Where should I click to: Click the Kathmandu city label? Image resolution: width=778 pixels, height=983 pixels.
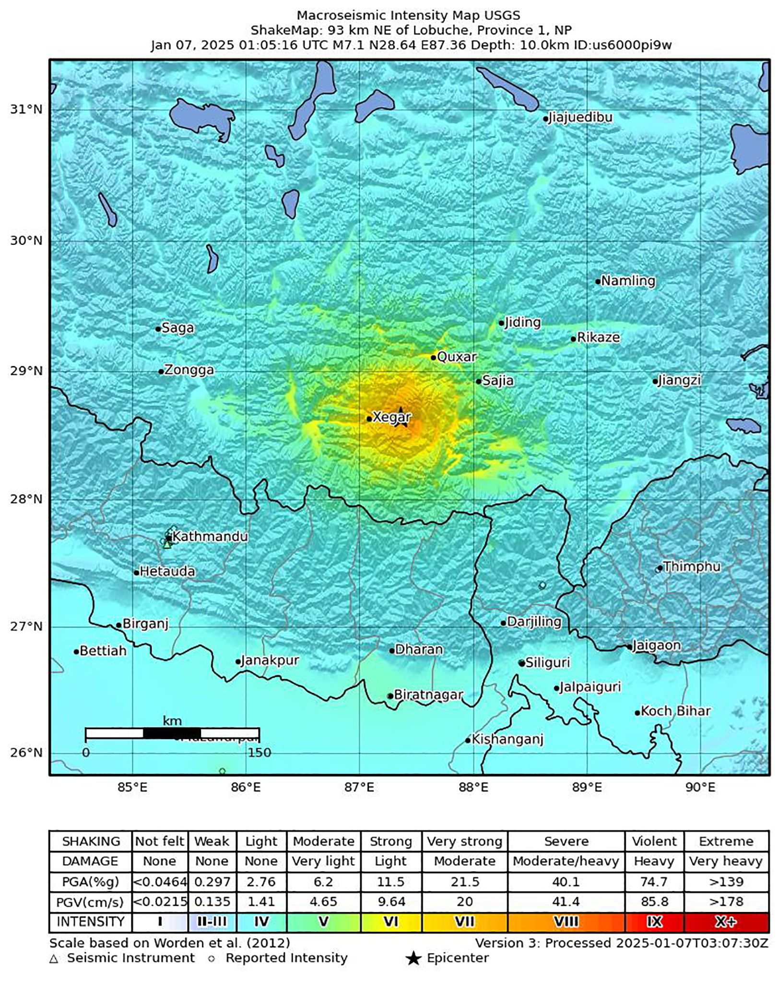click(x=210, y=536)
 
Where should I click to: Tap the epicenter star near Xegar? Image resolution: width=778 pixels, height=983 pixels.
click(x=404, y=422)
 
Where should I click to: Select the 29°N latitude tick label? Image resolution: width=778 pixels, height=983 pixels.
click(x=26, y=371)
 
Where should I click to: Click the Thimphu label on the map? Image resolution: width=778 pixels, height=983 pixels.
click(x=692, y=567)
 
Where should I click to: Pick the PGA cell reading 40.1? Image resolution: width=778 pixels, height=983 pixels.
click(x=566, y=882)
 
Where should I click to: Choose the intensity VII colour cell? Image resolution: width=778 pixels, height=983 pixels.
click(x=464, y=922)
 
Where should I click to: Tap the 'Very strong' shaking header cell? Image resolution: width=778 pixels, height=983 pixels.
click(x=464, y=841)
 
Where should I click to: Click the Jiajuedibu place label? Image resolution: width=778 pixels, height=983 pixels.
click(x=580, y=118)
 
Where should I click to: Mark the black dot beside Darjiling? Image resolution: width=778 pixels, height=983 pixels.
click(x=503, y=623)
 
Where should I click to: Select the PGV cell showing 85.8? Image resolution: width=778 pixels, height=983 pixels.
click(x=654, y=902)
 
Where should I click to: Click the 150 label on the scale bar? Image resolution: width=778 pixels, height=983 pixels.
click(x=259, y=753)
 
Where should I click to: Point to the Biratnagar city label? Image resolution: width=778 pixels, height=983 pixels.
click(x=428, y=695)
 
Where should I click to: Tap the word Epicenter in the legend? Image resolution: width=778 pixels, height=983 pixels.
click(x=458, y=959)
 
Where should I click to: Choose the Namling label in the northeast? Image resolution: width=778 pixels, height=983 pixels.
click(x=628, y=281)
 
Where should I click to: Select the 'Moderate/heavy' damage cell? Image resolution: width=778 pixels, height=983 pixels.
click(x=566, y=862)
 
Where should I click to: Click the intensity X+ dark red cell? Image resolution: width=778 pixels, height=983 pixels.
click(x=726, y=922)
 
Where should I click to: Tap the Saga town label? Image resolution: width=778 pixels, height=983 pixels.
click(x=178, y=328)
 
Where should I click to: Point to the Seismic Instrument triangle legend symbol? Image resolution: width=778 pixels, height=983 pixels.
click(x=54, y=959)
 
